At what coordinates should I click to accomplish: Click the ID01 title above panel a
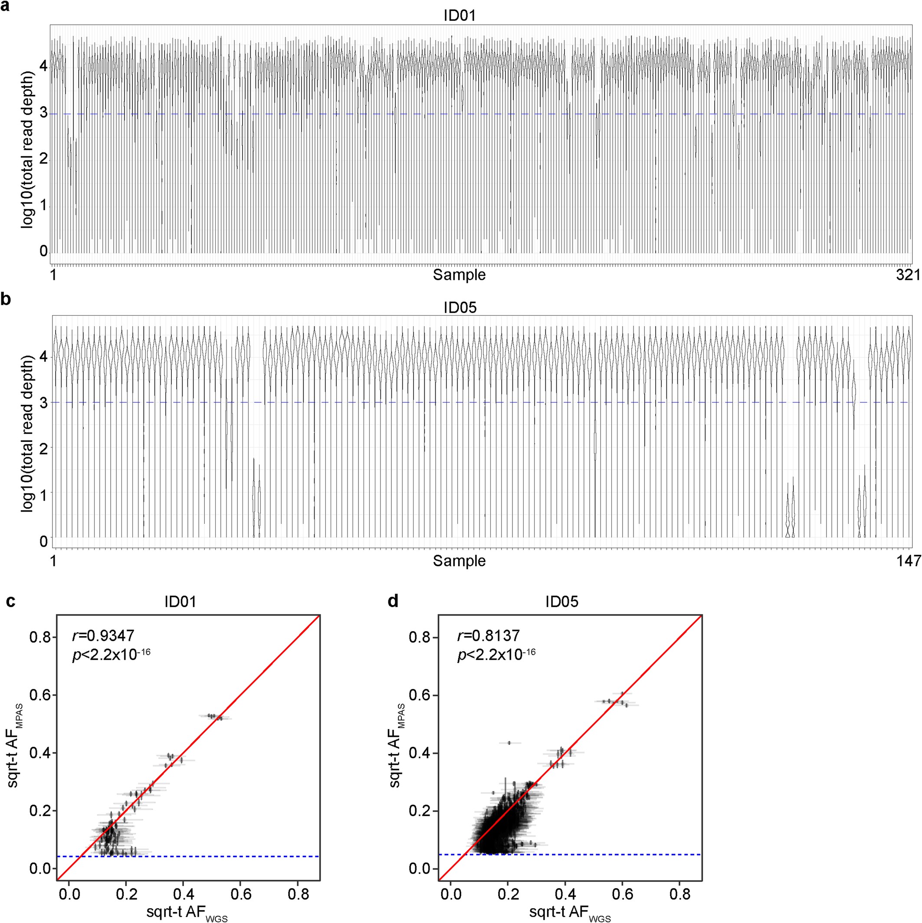[x=459, y=16]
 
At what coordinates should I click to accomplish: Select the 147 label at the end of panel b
[x=908, y=561]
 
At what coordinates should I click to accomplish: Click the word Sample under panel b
[x=459, y=561]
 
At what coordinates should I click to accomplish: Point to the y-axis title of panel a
[x=28, y=150]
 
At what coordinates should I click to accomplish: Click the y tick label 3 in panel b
[x=43, y=402]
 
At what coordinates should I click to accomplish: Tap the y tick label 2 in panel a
[x=43, y=159]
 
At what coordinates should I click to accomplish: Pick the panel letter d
[x=393, y=600]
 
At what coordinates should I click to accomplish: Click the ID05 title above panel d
[x=562, y=601]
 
